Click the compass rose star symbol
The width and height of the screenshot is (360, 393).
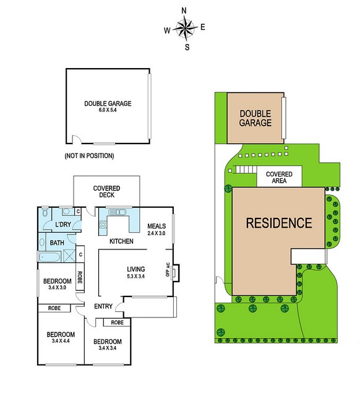pos(185,28)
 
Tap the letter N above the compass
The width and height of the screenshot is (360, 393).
pos(184,11)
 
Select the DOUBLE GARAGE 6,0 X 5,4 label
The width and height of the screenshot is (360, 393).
pos(108,106)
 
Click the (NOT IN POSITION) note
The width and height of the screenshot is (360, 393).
pos(89,156)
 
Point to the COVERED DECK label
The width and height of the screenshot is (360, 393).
pos(106,191)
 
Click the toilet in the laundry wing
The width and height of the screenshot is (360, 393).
pos(45,212)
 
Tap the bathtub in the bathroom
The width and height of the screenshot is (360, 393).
pos(49,257)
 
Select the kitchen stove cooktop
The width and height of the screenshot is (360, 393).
pos(103,224)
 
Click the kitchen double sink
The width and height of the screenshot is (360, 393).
pos(118,212)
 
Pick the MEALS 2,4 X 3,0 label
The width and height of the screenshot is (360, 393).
pos(156,229)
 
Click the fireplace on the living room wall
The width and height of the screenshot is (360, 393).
pos(176,273)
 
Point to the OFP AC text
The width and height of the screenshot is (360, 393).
pos(168,269)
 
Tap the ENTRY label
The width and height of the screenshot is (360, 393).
pos(103,306)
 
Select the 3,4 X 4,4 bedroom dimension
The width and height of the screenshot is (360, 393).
pos(61,341)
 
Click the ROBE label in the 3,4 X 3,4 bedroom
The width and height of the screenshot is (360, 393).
pos(118,322)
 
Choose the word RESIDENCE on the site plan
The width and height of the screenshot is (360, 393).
pos(279,223)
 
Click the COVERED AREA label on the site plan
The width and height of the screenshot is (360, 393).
pos(279,177)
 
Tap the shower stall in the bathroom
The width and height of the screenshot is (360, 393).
pos(69,256)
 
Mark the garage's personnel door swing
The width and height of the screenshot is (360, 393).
pos(77,139)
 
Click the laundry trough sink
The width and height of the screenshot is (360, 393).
pos(66,211)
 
